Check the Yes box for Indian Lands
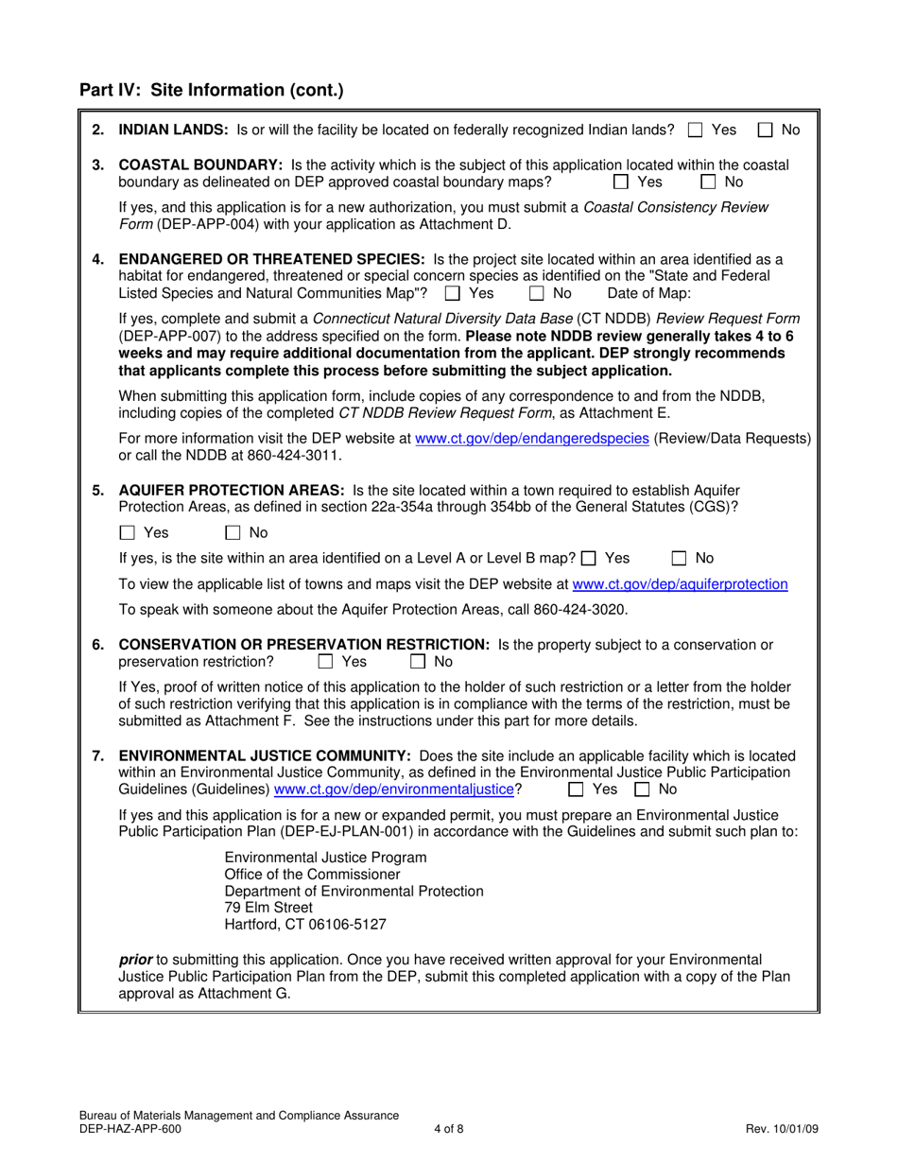tap(696, 130)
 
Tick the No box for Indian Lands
tap(767, 130)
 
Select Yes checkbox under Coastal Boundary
tap(621, 182)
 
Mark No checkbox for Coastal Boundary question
tap(708, 182)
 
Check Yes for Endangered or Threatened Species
tap(451, 293)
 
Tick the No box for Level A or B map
tap(679, 559)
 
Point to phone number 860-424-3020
tap(584, 609)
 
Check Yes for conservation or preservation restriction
tap(326, 662)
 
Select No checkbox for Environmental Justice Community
tap(642, 789)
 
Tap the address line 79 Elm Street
tap(268, 908)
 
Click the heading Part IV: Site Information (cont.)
tap(212, 91)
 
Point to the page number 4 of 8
tap(449, 1128)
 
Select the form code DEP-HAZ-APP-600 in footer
tap(126, 1128)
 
